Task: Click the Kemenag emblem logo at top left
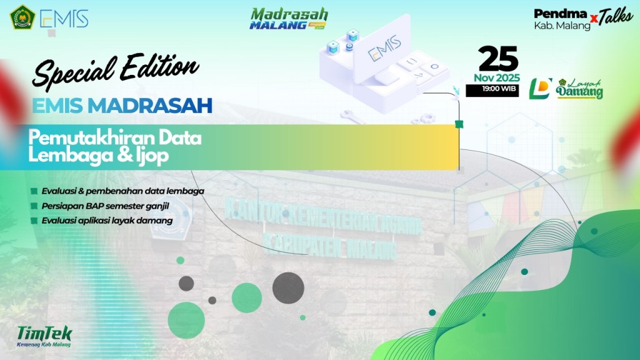pos(22,17)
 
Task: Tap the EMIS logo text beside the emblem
pos(64,18)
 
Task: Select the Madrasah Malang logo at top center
pos(288,19)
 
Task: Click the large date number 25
pos(498,59)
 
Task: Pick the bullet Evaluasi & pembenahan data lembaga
pos(122,191)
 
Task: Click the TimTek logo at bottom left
pos(44,335)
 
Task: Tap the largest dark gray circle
pos(287,288)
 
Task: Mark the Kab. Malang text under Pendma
pos(562,26)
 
